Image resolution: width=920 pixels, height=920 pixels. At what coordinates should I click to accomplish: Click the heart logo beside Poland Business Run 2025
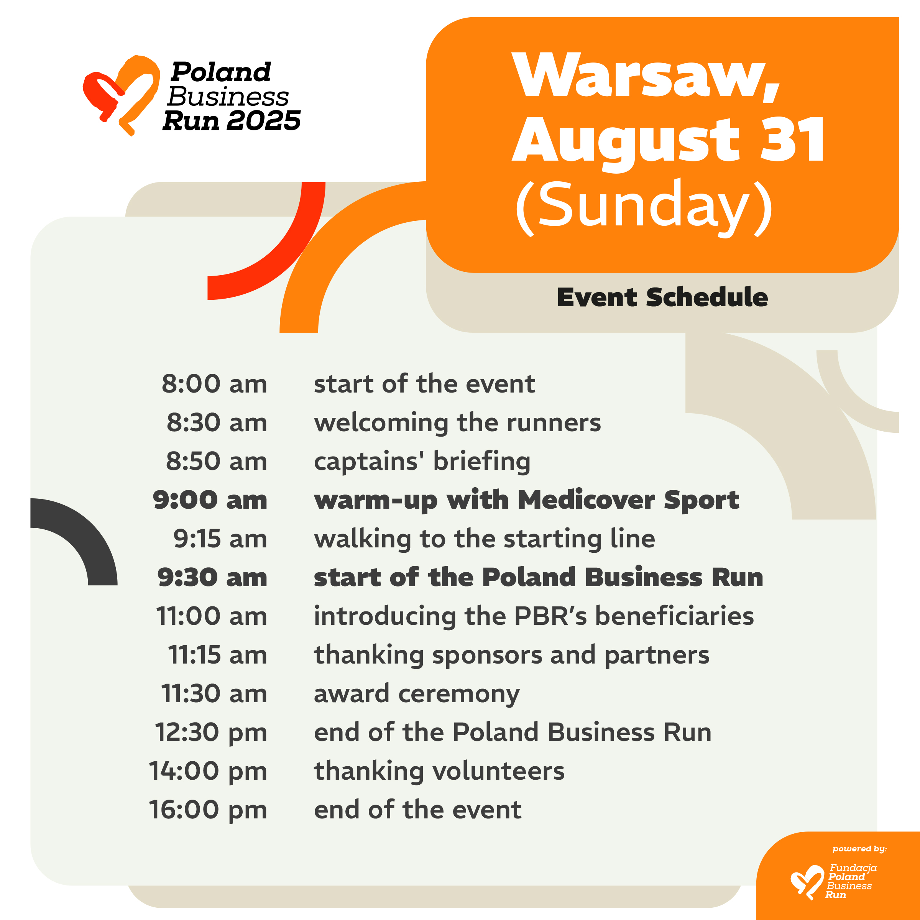click(x=122, y=94)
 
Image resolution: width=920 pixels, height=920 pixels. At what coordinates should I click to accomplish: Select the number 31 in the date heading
click(x=792, y=139)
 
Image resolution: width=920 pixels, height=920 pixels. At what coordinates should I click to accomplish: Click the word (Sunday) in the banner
click(x=644, y=209)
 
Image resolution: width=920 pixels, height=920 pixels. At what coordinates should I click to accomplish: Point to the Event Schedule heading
click(x=662, y=297)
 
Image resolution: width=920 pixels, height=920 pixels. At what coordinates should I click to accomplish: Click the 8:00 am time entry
click(x=214, y=384)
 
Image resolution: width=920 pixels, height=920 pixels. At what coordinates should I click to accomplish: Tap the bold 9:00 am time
click(x=210, y=500)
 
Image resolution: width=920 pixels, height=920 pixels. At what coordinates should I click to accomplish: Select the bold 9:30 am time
click(x=212, y=577)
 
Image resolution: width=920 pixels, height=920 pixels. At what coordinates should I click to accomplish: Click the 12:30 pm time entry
click(x=211, y=733)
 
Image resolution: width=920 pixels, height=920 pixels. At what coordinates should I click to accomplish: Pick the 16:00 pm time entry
click(x=208, y=810)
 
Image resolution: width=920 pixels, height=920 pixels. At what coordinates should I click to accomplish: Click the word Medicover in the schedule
click(x=586, y=500)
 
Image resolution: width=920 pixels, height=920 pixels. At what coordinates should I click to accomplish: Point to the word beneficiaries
click(x=674, y=616)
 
